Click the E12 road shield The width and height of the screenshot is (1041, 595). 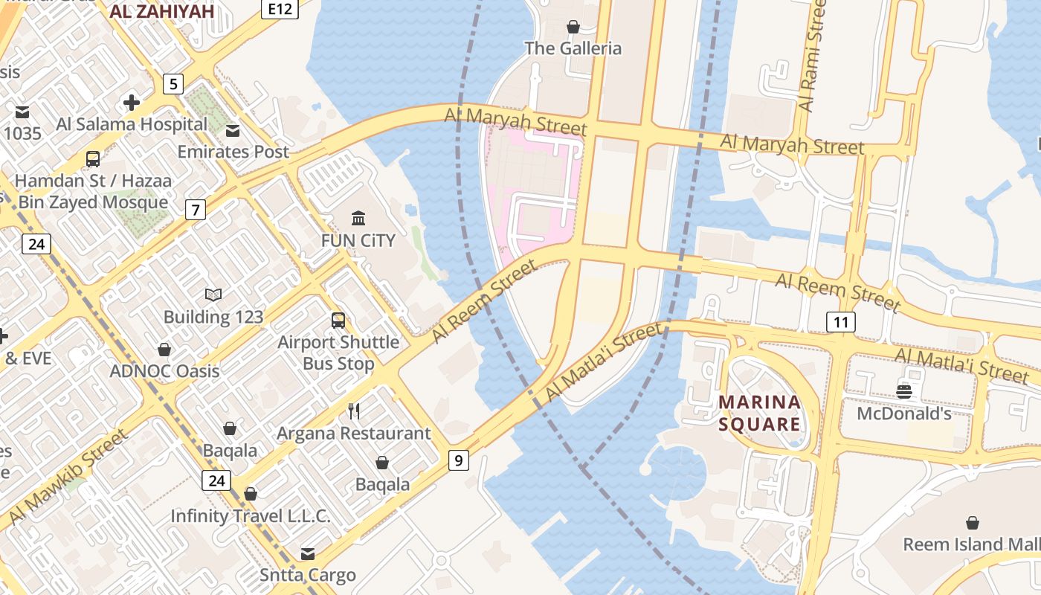tap(280, 9)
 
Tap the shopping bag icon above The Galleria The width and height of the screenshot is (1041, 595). tap(573, 28)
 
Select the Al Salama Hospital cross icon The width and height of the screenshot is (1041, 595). tap(132, 102)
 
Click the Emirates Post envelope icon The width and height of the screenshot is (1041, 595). tap(233, 131)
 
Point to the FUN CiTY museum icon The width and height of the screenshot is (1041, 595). tap(358, 218)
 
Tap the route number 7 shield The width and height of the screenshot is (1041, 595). tap(195, 210)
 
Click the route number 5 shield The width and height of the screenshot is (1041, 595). tap(173, 83)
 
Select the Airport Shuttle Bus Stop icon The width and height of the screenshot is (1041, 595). tap(338, 321)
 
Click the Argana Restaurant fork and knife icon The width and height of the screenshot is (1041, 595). tap(354, 411)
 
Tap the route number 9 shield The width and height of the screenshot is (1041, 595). tap(459, 460)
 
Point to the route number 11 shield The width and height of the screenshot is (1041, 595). tap(841, 322)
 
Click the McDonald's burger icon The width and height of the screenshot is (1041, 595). tap(904, 391)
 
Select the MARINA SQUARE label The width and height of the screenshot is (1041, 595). tap(759, 414)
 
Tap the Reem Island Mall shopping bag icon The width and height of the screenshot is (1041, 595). tap(972, 523)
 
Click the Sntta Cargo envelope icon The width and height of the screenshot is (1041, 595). tap(307, 553)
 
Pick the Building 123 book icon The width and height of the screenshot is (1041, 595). tap(213, 295)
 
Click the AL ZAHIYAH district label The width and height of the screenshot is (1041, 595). tap(161, 11)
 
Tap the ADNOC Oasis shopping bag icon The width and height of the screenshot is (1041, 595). tap(164, 350)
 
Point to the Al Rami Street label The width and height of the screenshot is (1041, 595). tap(811, 56)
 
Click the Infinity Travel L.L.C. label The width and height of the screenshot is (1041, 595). tap(251, 515)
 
